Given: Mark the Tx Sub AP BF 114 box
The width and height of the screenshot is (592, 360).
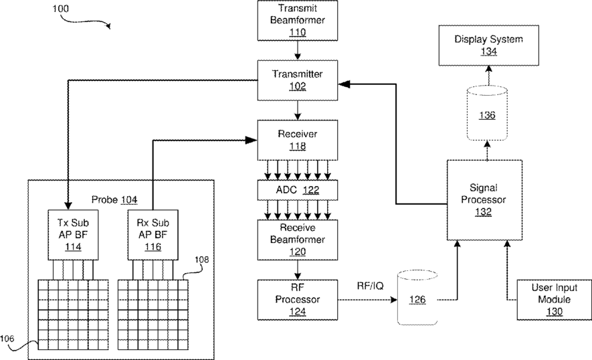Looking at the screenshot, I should [x=68, y=235].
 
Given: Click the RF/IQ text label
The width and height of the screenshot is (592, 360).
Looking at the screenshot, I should [x=370, y=286].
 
